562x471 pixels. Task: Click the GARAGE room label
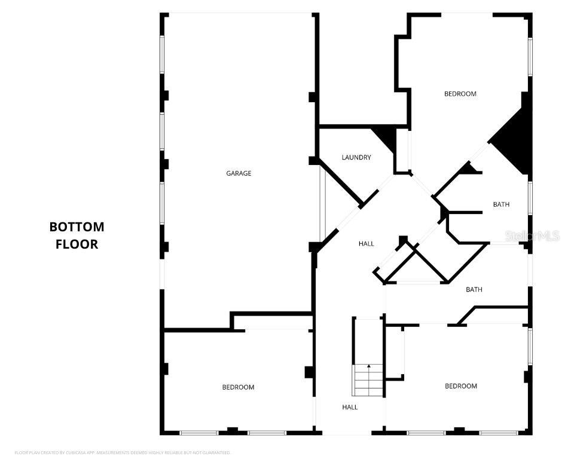coord(239,173)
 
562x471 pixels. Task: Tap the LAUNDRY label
coord(356,158)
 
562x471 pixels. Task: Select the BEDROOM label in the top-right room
coord(460,94)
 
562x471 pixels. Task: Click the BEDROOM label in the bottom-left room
coord(238,387)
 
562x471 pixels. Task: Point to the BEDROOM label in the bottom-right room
coord(461,386)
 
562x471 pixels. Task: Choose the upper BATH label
coord(501,204)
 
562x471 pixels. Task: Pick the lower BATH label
coord(474,290)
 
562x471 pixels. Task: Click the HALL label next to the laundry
coord(366,244)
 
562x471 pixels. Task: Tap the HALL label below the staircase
coord(350,407)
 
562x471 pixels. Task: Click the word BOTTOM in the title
coord(77,227)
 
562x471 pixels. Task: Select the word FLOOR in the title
coord(77,244)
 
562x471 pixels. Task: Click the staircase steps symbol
coord(368,381)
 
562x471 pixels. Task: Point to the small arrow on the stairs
coord(369,366)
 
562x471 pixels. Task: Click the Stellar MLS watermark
coord(532,236)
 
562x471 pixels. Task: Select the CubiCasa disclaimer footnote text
coord(123,452)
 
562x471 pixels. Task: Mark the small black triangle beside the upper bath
coord(469,169)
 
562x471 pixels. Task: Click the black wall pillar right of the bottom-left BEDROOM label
coord(309,372)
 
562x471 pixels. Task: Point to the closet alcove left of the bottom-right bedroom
coord(395,353)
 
